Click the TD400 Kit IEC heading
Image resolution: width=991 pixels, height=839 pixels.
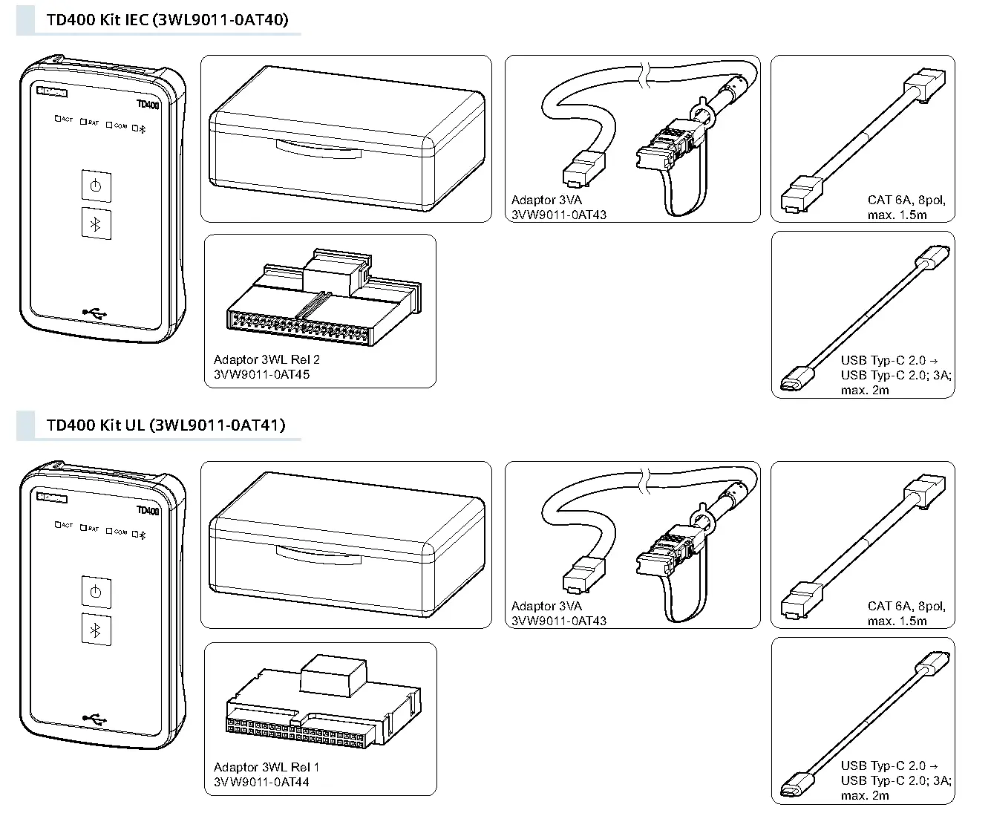click(x=167, y=19)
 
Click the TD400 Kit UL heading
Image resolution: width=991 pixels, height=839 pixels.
click(x=166, y=425)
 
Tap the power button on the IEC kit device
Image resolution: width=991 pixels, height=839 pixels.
click(x=96, y=186)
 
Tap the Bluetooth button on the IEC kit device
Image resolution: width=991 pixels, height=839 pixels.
click(x=96, y=224)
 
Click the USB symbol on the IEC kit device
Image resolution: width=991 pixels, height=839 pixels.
click(x=95, y=312)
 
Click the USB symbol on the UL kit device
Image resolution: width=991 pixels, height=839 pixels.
click(x=95, y=718)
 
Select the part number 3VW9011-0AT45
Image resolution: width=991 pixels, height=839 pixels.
click(x=261, y=375)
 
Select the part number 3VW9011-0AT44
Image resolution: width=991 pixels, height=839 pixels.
click(x=261, y=782)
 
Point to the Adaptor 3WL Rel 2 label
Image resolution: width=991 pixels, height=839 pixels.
click(x=266, y=360)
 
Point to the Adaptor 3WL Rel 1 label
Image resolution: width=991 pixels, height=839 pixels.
click(x=266, y=767)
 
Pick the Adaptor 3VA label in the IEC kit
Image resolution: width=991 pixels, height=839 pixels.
click(x=546, y=200)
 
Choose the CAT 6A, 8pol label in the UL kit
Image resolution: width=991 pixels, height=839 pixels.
click(x=906, y=606)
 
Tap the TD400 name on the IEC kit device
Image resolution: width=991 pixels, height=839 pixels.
click(x=148, y=105)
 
